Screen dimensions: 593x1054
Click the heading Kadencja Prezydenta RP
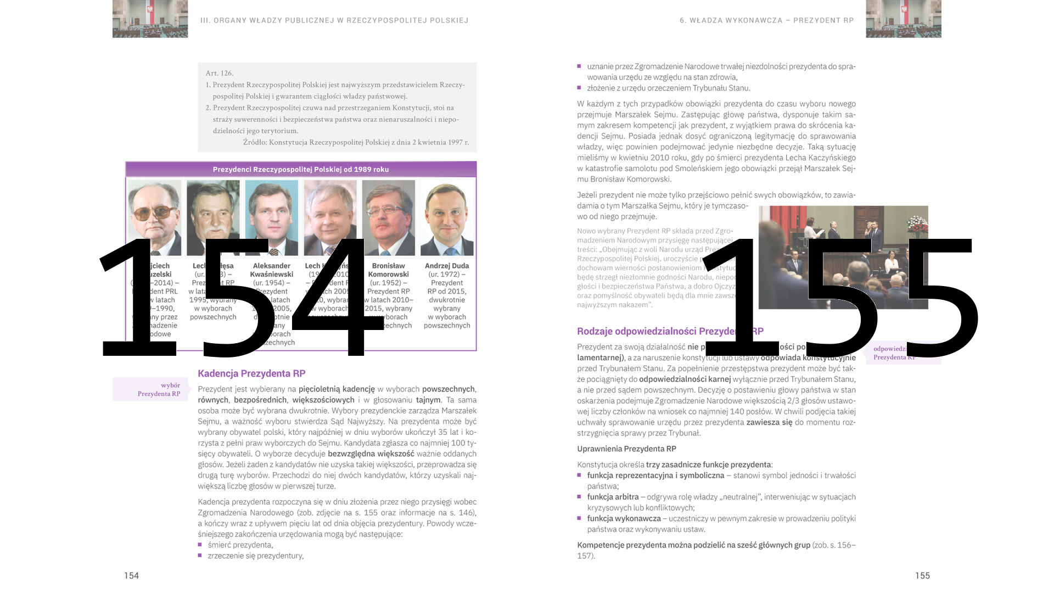tap(251, 373)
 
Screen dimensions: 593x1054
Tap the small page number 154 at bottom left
tap(131, 575)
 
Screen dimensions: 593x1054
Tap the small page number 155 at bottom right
tap(922, 575)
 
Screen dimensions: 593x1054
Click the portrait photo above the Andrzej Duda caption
tap(447, 218)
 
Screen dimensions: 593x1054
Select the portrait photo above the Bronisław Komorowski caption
tap(388, 218)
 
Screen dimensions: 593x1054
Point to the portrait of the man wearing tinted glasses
tap(154, 218)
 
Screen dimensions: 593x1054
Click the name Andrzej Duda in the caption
tap(447, 266)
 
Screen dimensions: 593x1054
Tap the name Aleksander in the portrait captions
tap(271, 266)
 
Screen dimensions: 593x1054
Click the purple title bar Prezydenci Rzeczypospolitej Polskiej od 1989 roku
tap(301, 169)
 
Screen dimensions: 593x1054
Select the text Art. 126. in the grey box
tap(220, 73)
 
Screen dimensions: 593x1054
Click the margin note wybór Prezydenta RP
tap(159, 389)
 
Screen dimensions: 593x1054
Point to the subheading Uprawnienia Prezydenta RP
tap(626, 449)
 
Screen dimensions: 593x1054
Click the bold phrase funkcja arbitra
tap(613, 497)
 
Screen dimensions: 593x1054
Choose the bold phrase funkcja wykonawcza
tap(624, 518)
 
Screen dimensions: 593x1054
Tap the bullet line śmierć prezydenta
tap(240, 545)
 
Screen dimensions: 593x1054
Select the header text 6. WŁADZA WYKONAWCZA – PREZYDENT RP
tap(766, 20)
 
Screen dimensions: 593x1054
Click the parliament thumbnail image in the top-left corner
tap(150, 19)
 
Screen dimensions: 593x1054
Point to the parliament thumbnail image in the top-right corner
tap(903, 19)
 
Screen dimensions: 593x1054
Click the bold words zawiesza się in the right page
tap(769, 422)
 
